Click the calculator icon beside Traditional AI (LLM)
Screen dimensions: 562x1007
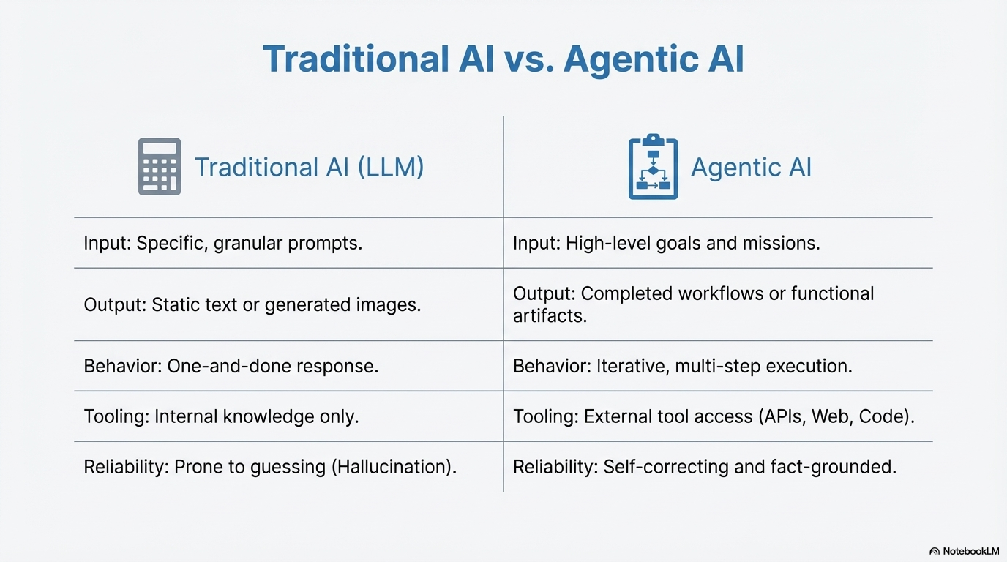[160, 167]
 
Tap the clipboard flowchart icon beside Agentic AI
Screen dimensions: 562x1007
[653, 167]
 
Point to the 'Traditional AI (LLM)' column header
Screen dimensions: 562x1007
[309, 168]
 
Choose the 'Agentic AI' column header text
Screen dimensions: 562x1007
[751, 168]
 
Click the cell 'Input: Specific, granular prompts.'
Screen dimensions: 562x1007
[223, 243]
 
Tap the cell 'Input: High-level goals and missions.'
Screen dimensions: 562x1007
[666, 243]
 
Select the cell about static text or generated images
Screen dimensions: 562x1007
[252, 304]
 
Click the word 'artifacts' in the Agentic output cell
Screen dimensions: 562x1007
[547, 316]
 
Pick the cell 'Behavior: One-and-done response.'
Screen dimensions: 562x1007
[231, 366]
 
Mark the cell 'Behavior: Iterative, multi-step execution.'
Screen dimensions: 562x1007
[682, 366]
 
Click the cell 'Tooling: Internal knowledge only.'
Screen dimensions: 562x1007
[221, 416]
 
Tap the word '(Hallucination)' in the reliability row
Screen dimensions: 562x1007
[394, 467]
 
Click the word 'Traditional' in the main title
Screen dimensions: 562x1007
[356, 59]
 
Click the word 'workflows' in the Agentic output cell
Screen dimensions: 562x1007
[736, 293]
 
